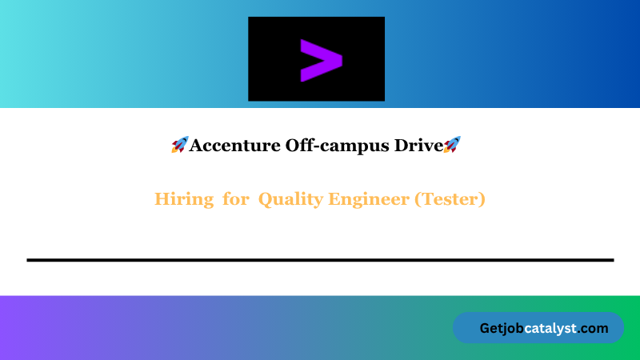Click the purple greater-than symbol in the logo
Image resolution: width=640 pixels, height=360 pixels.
[321, 59]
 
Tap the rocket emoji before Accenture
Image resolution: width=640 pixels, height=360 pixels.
[179, 145]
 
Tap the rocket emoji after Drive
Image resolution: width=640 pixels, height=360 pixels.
[452, 145]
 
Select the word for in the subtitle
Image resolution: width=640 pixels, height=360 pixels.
[236, 199]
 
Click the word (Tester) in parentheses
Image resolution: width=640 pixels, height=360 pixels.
[450, 199]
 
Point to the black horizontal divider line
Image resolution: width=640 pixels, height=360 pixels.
[320, 260]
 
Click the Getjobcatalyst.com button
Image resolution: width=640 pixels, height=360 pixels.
[538, 328]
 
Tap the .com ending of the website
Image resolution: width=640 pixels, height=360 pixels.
[594, 328]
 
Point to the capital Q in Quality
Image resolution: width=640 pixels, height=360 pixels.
[265, 199]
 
